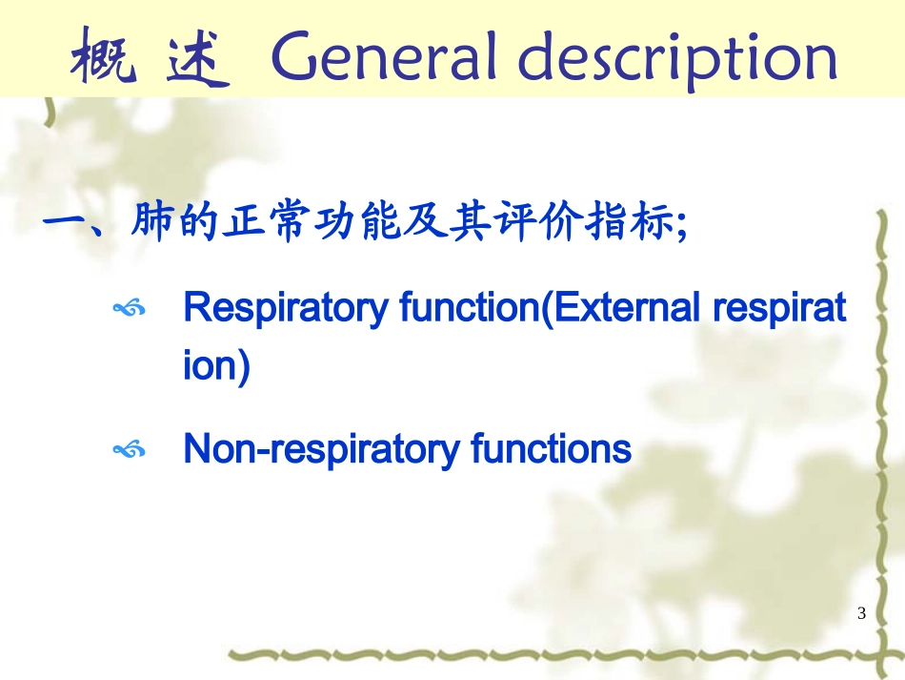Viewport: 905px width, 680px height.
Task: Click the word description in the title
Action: [x=677, y=59]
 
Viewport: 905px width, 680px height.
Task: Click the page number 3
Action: [x=862, y=613]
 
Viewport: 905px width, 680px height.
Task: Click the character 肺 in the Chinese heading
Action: [x=152, y=224]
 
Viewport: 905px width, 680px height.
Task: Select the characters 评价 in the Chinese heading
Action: [x=548, y=224]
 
